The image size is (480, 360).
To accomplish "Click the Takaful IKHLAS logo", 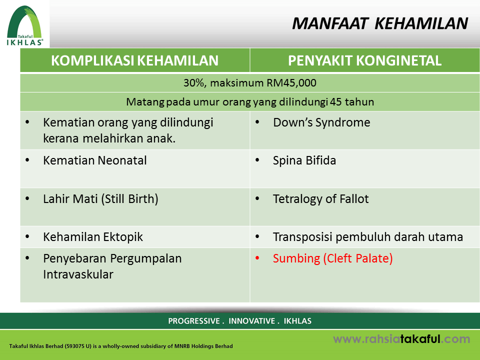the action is [25, 25].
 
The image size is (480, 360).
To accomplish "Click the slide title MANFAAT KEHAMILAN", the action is [380, 23].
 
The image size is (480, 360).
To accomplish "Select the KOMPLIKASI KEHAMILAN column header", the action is [134, 60].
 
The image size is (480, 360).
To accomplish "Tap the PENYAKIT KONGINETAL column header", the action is [364, 60].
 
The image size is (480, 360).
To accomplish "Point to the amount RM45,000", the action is [291, 83].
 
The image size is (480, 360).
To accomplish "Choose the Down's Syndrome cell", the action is [321, 122].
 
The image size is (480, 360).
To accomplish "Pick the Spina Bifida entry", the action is [304, 160].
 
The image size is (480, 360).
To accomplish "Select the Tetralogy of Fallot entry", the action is [321, 199].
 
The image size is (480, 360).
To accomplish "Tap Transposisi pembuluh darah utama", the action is [368, 237].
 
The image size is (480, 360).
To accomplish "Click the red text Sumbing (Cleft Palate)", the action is [333, 258].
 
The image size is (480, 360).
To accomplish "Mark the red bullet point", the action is [257, 258].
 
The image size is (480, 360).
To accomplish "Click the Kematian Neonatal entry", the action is [95, 160].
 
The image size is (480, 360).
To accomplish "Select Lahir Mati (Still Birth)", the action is [100, 199].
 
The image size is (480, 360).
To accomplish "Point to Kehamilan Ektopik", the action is [93, 237].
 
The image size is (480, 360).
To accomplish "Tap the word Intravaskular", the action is [78, 274].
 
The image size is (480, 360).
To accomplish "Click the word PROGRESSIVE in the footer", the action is [194, 321].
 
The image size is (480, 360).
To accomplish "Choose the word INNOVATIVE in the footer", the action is [251, 321].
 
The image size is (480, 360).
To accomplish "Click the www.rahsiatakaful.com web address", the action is [401, 339].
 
